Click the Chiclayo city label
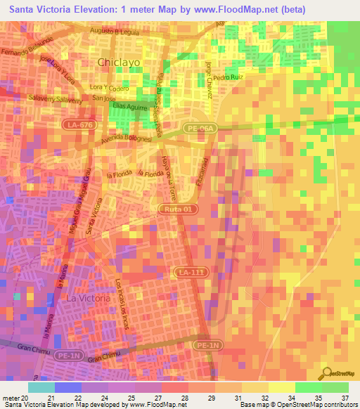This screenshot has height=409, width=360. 120,62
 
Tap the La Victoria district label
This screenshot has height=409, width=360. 88,298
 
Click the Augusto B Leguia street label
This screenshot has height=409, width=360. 118,32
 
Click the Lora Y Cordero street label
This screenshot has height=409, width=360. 108,89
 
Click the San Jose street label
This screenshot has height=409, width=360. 103,98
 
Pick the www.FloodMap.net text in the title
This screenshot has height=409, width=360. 230,8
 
